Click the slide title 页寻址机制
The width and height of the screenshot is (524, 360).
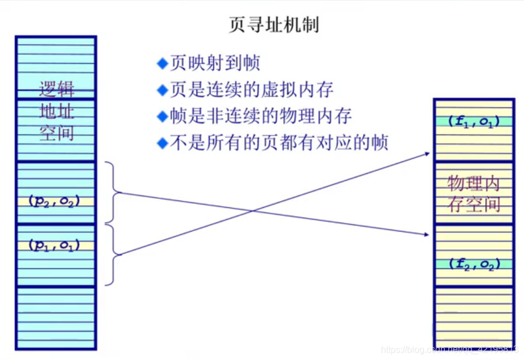point(274,25)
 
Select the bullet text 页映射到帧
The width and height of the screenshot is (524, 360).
point(215,63)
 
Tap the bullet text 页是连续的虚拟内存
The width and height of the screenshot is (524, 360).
point(252,89)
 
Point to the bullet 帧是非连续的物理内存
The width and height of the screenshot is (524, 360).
point(261,116)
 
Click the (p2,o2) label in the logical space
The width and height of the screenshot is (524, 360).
point(54,201)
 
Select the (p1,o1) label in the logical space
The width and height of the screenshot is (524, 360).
point(54,245)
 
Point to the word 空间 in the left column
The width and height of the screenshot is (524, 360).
point(57,133)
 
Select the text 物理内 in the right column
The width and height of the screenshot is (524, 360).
point(474,183)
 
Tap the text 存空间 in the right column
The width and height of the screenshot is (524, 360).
point(474,204)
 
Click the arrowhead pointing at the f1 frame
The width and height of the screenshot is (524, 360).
point(427,153)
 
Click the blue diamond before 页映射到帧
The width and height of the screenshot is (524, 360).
point(163,63)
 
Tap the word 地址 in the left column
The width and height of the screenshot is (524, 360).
point(57,111)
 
